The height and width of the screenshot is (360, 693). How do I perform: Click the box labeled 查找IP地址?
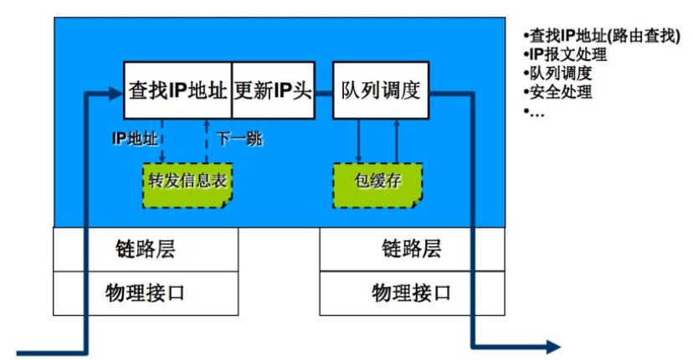[177, 90]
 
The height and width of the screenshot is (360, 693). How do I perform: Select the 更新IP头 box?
[273, 90]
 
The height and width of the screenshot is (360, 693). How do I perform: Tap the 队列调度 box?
[381, 90]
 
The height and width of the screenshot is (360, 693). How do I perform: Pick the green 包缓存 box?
[378, 181]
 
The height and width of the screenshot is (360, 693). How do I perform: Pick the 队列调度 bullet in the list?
[561, 74]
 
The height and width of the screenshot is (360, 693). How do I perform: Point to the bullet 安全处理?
[561, 92]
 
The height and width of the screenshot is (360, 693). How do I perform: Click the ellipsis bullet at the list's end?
[536, 111]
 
